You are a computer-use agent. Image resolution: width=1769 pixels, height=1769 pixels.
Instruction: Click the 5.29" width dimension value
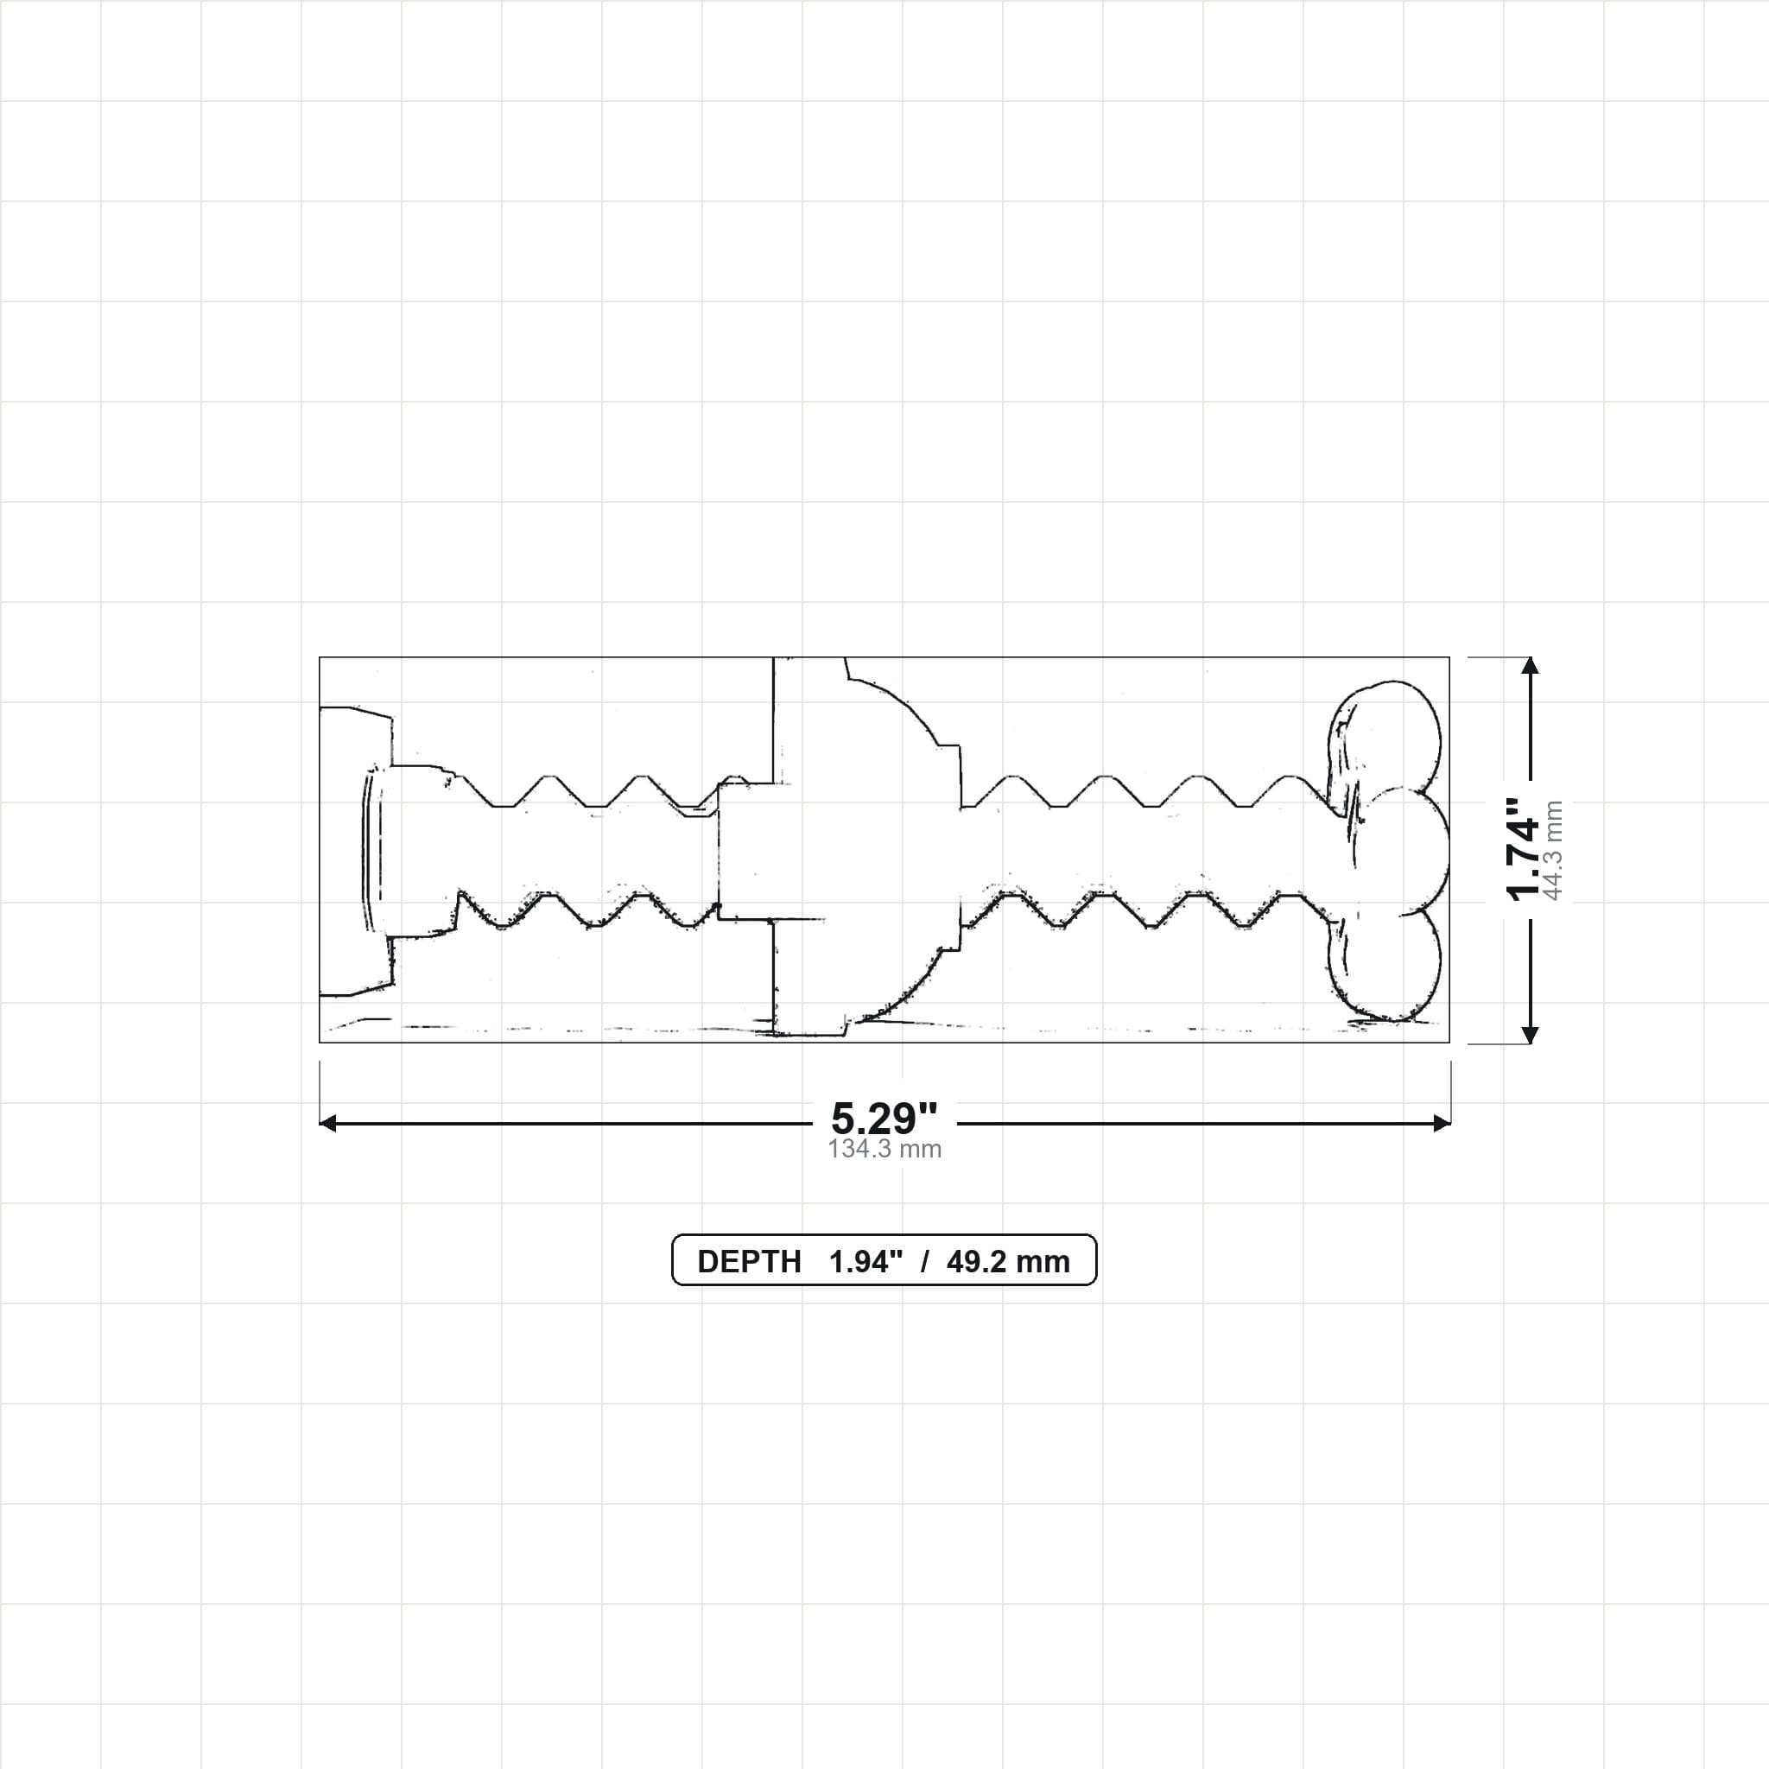pyautogui.click(x=884, y=1118)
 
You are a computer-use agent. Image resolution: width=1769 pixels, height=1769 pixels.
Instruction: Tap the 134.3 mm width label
pyautogui.click(x=884, y=1149)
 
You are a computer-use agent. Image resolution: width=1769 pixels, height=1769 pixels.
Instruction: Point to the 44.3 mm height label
pyautogui.click(x=1553, y=851)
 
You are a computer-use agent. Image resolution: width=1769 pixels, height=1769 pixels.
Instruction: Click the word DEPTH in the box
pyautogui.click(x=749, y=1262)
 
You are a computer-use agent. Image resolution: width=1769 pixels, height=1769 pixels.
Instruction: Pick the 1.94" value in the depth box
pyautogui.click(x=865, y=1262)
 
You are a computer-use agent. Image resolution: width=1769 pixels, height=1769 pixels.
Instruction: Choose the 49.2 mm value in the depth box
pyautogui.click(x=1008, y=1262)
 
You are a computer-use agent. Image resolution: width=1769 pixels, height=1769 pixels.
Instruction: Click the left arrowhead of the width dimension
pyautogui.click(x=327, y=1124)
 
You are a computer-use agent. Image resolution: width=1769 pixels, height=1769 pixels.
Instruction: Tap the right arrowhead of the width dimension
pyautogui.click(x=1442, y=1124)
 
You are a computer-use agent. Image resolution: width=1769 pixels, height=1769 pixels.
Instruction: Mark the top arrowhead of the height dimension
pyautogui.click(x=1530, y=666)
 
